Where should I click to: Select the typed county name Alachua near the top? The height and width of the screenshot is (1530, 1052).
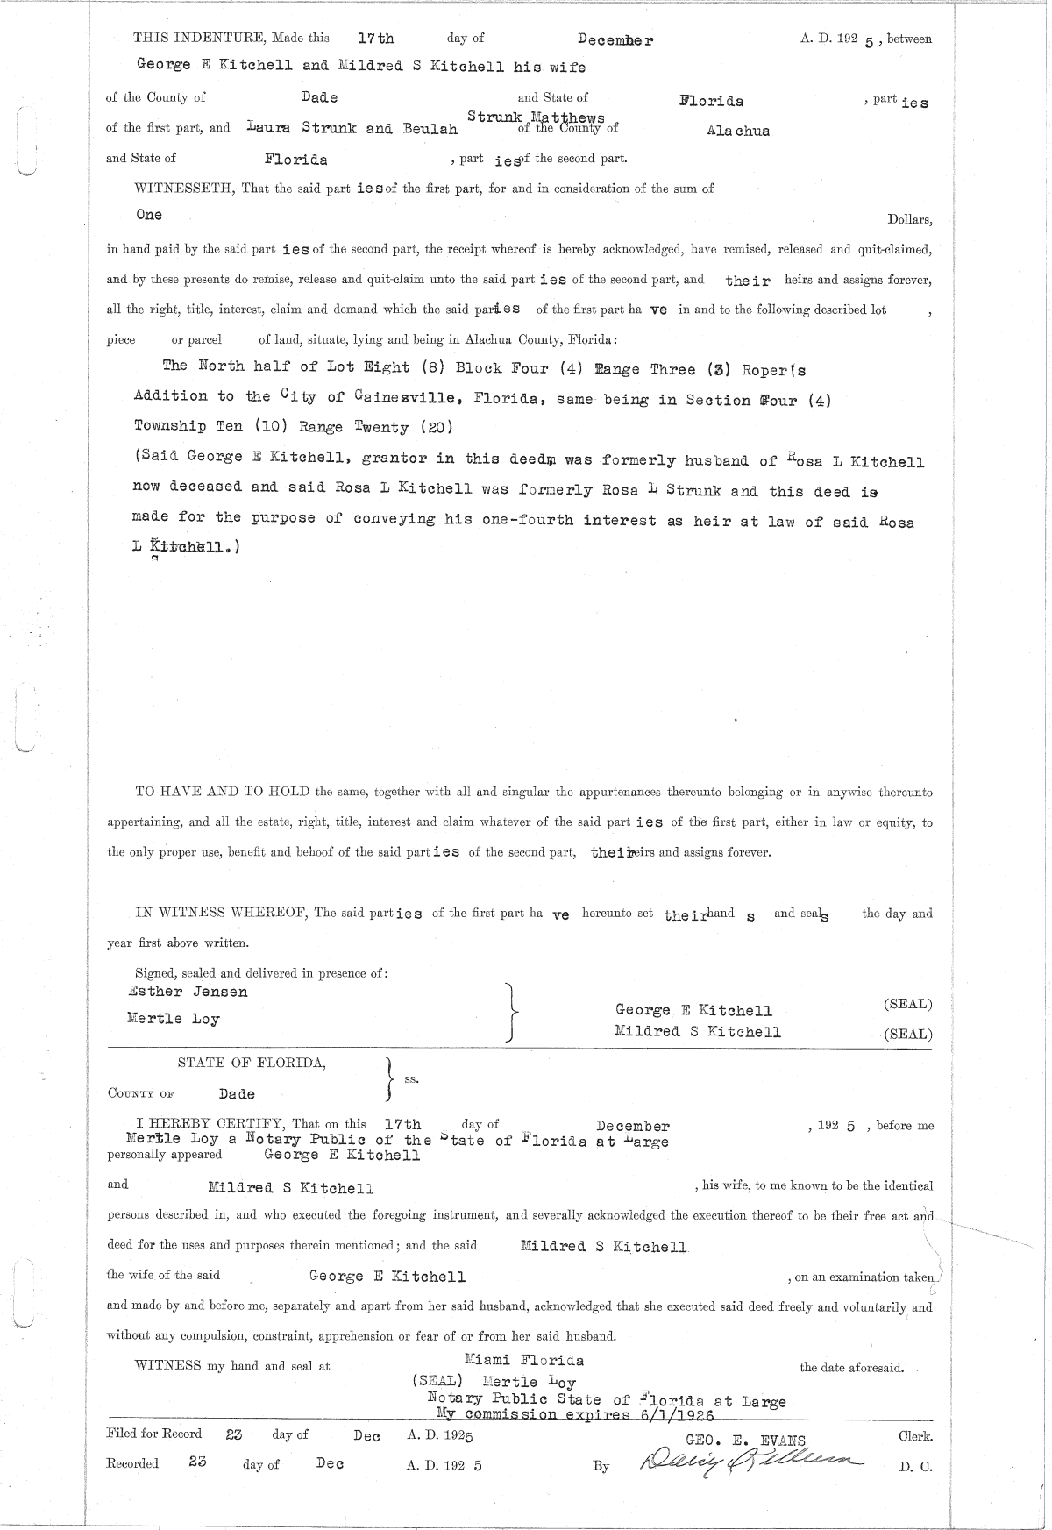pos(738,131)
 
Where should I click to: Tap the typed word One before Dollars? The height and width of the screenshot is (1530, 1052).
pos(149,214)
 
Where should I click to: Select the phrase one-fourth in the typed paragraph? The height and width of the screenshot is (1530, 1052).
pos(529,520)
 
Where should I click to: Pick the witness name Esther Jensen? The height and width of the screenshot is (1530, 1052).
pos(188,992)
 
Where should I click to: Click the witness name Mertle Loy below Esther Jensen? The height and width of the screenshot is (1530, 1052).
pos(173,1019)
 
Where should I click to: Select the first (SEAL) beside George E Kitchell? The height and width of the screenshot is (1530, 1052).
pos(908,1004)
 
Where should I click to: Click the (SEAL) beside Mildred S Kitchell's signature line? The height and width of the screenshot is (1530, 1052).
pos(908,1034)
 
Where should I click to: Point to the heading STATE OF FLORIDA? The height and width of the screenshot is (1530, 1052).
pos(252,1063)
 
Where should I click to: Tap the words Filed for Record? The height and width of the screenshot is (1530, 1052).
pos(153,1434)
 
